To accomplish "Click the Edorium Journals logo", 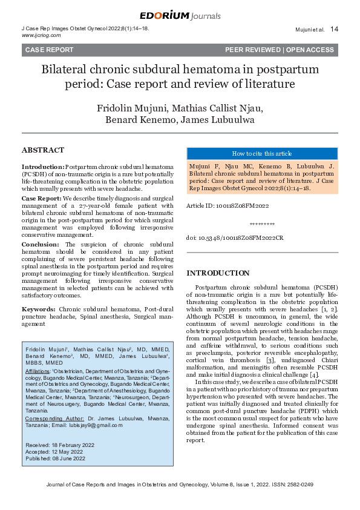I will coord(180,16).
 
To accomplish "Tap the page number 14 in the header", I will coord(335,29).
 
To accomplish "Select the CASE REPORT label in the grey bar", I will coord(49,50).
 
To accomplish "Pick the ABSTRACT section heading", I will coord(42,150).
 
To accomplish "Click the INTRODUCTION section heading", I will coord(218,273).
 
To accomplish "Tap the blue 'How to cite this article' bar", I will coord(261,153).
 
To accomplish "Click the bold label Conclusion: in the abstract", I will coord(41,244).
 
